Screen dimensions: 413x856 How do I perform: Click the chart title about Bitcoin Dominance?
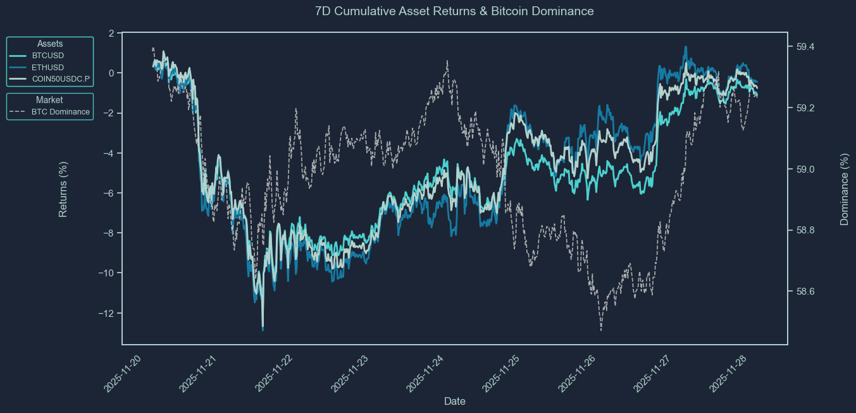point(454,11)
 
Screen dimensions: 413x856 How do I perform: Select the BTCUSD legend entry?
point(47,56)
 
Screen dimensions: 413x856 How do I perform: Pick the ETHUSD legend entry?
point(47,68)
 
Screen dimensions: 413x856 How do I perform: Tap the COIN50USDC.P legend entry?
point(61,80)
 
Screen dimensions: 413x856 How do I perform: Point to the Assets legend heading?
point(50,44)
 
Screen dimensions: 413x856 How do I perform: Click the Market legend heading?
point(49,100)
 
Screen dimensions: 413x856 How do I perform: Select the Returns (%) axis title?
point(63,189)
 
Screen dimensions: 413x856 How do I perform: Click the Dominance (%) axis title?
point(844,189)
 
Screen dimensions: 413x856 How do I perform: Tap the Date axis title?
point(455,401)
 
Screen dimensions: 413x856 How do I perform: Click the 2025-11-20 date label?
point(123,373)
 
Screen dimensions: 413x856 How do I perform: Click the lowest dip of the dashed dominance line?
point(600,330)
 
